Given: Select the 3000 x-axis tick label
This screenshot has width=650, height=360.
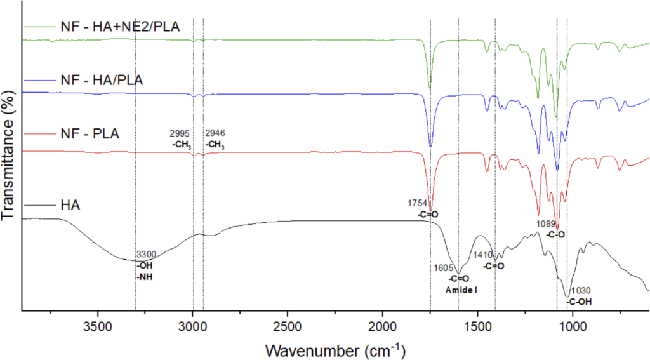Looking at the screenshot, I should [192, 327].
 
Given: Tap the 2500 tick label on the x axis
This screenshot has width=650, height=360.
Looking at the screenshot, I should [287, 327].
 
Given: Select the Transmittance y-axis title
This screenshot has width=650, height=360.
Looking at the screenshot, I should [9, 155].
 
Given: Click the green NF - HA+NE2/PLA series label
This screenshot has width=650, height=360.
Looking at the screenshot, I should [120, 27].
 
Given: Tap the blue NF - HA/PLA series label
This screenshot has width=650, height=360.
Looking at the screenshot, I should [102, 80].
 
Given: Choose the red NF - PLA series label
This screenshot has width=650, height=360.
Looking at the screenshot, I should [90, 134].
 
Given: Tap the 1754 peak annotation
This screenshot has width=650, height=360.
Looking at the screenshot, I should [418, 203].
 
